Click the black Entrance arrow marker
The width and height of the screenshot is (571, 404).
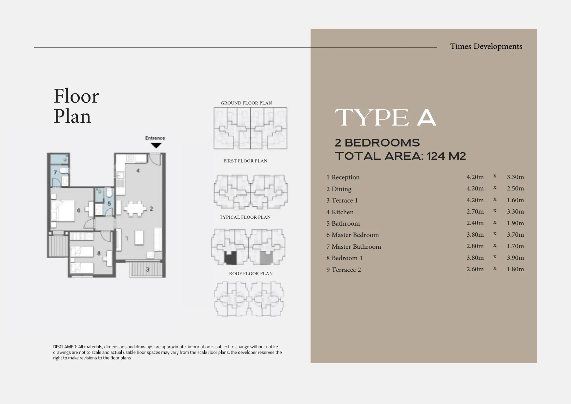point(156,145)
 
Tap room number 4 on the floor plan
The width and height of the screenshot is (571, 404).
point(138,171)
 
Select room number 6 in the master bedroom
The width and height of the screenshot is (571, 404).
point(79,211)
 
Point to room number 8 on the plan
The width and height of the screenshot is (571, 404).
point(99,253)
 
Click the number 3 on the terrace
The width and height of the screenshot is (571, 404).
point(147,270)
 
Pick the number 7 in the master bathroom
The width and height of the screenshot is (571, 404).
point(55,172)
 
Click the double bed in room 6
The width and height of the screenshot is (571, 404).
point(63,210)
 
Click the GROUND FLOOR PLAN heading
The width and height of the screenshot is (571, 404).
point(246,103)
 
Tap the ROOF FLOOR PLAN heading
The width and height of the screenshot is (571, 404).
point(251,273)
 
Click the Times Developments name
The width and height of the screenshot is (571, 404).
point(486,47)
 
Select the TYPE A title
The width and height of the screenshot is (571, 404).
point(385,118)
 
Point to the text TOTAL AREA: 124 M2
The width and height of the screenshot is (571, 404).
point(400,156)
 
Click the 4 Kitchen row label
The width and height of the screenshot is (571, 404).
point(340,212)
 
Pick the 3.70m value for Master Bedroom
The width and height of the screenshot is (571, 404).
point(515,235)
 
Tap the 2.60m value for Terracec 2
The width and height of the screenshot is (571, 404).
point(475,269)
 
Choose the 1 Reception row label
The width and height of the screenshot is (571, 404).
point(343,177)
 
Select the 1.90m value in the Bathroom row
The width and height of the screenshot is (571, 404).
point(515,223)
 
